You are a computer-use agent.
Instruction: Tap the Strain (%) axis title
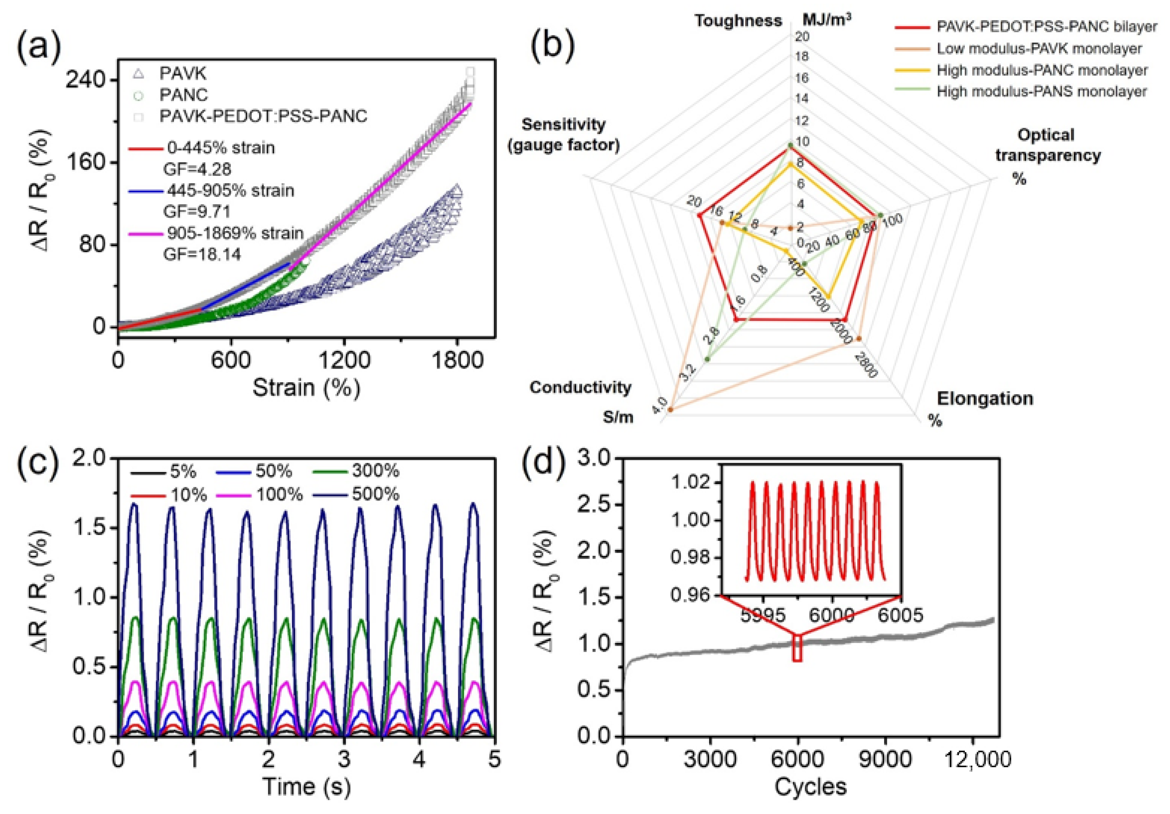(x=306, y=388)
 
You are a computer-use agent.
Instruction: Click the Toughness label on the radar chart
(x=738, y=20)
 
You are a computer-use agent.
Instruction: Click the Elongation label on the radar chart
(x=985, y=398)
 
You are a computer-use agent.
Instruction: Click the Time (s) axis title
(x=306, y=786)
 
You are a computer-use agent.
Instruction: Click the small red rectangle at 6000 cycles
(x=797, y=648)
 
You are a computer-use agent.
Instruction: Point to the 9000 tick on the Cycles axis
(x=885, y=760)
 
